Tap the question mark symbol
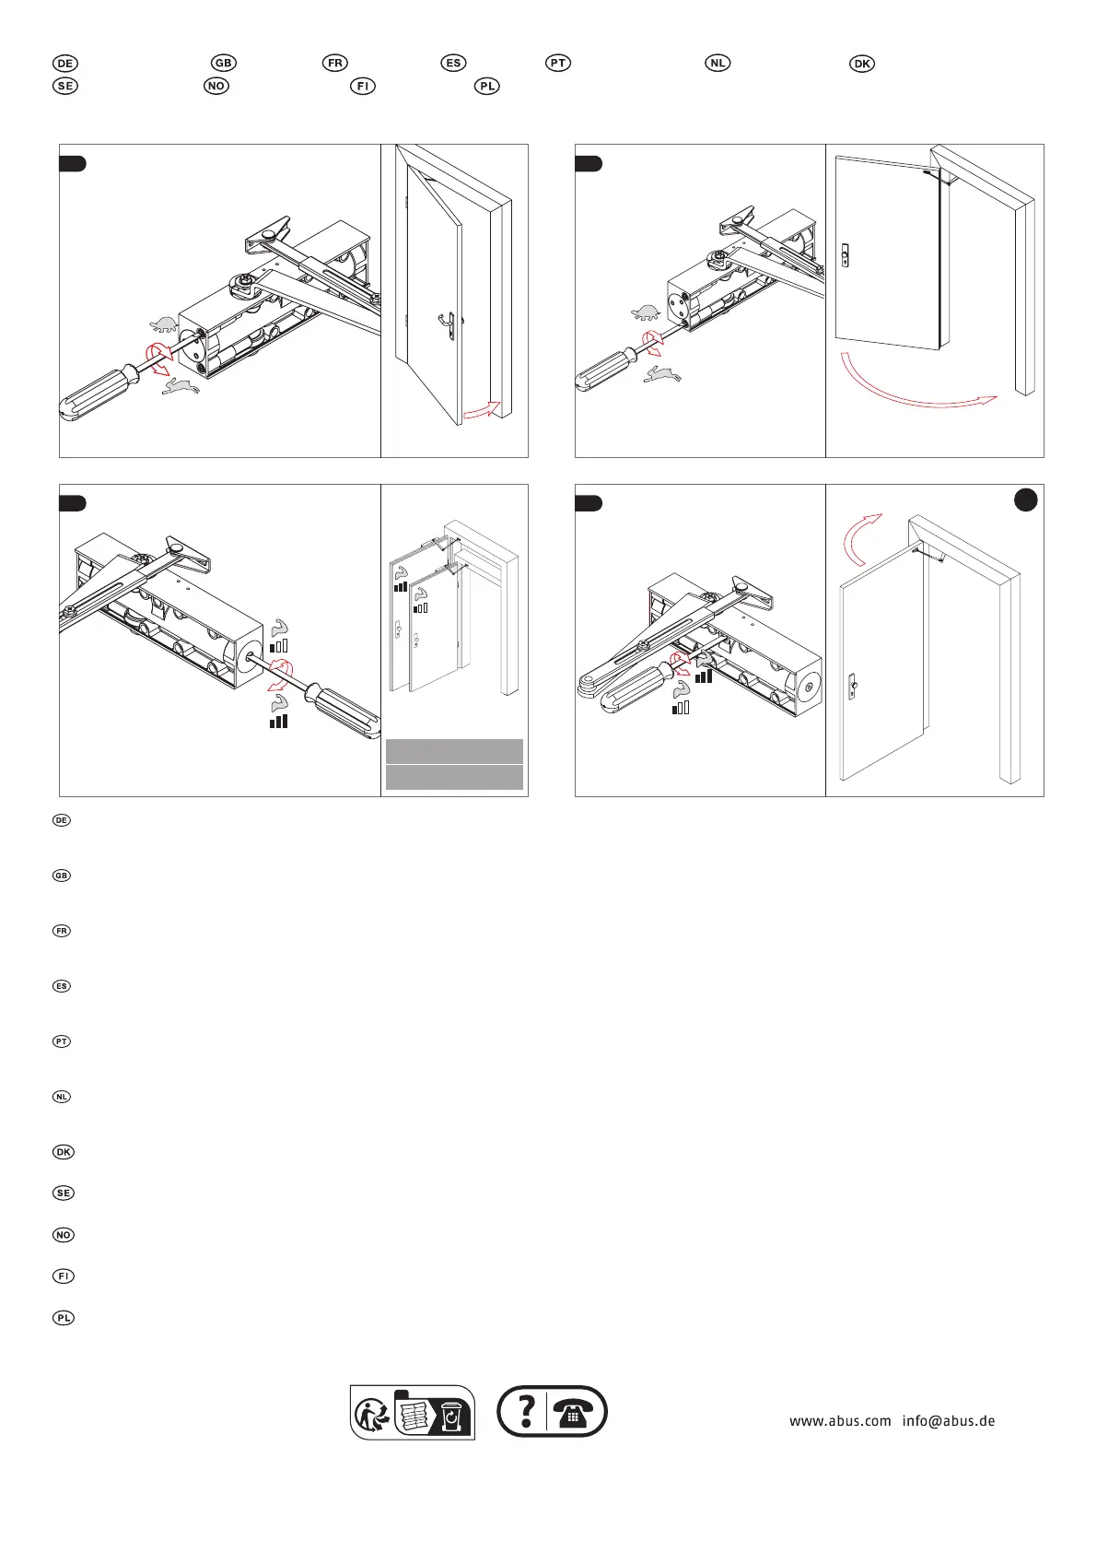click(x=526, y=1411)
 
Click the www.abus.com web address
click(x=840, y=1420)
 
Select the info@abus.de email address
click(x=948, y=1420)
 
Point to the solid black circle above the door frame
click(x=1025, y=500)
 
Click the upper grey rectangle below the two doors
click(x=454, y=750)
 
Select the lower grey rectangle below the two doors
click(x=454, y=777)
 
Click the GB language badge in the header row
click(x=224, y=63)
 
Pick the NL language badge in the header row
click(x=718, y=63)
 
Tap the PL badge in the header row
click(x=487, y=86)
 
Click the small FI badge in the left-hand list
click(x=63, y=1276)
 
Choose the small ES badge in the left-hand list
click(x=62, y=986)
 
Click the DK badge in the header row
click(x=862, y=64)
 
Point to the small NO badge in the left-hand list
click(x=63, y=1234)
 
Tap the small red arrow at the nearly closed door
click(x=482, y=408)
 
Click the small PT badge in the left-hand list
click(x=62, y=1041)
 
